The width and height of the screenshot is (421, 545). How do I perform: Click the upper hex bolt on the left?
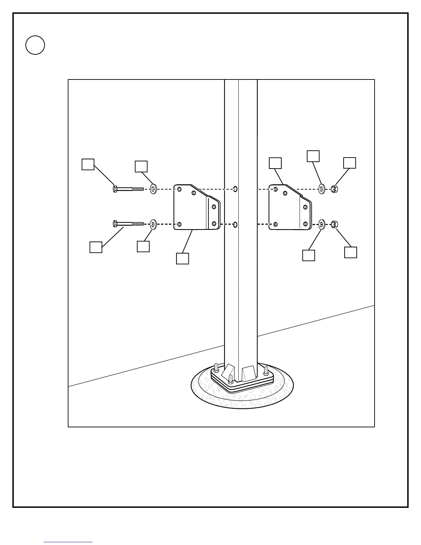click(128, 189)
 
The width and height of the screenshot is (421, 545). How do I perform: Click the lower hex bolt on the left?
click(128, 224)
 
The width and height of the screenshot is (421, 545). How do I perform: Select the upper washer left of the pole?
click(153, 189)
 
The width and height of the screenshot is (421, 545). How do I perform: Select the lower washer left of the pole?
click(153, 224)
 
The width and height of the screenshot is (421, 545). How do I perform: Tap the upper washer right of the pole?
click(322, 189)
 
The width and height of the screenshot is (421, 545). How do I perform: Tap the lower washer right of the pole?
click(322, 224)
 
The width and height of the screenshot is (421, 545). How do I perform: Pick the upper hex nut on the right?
click(334, 189)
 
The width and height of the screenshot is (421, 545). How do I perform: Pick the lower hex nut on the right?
click(334, 224)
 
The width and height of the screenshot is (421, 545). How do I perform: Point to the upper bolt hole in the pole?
click(235, 189)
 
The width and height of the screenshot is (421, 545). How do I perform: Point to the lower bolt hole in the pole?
click(235, 225)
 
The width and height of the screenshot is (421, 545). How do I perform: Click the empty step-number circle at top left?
click(35, 45)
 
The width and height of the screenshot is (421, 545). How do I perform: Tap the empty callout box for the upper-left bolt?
click(88, 164)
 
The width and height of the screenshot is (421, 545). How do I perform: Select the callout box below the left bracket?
click(182, 259)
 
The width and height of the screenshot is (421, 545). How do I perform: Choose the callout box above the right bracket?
click(275, 163)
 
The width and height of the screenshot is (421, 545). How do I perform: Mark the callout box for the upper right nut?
click(350, 163)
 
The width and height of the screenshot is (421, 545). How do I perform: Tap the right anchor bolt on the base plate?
click(266, 371)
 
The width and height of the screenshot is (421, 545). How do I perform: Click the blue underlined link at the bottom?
click(68, 542)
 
